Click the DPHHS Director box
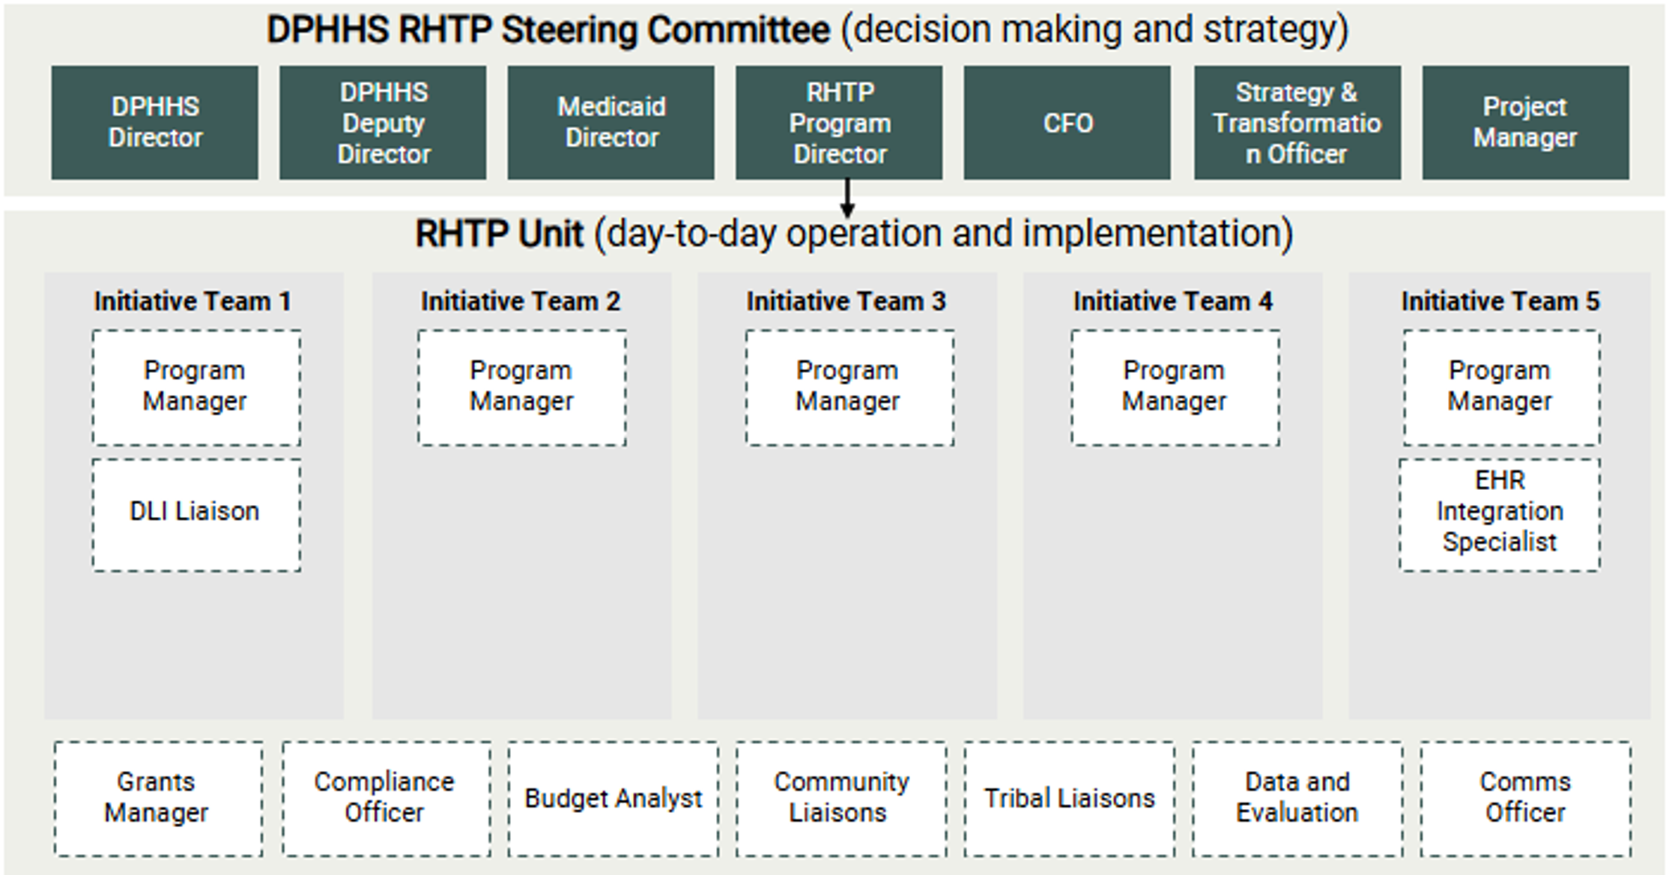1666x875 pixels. (x=155, y=122)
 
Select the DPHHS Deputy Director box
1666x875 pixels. (x=383, y=122)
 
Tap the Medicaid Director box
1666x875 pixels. (x=611, y=122)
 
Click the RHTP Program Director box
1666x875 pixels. (x=839, y=122)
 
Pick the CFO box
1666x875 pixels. (x=1067, y=122)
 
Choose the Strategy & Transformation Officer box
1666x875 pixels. (x=1297, y=122)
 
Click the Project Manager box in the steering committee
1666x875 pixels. (x=1525, y=122)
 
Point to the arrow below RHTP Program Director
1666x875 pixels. (x=847, y=199)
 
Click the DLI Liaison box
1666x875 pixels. (x=196, y=515)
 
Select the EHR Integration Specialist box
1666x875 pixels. (x=1500, y=515)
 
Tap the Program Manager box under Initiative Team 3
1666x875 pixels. (x=849, y=387)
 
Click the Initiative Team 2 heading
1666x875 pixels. (x=521, y=301)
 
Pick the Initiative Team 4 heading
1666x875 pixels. (x=1172, y=301)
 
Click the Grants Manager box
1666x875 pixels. (x=158, y=798)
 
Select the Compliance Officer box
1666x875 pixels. (x=387, y=798)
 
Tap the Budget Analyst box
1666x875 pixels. (x=613, y=798)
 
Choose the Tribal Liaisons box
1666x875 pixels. (x=1069, y=798)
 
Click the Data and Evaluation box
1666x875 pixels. (x=1297, y=798)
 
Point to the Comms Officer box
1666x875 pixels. (x=1525, y=798)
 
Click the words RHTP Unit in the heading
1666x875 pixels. (x=499, y=234)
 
